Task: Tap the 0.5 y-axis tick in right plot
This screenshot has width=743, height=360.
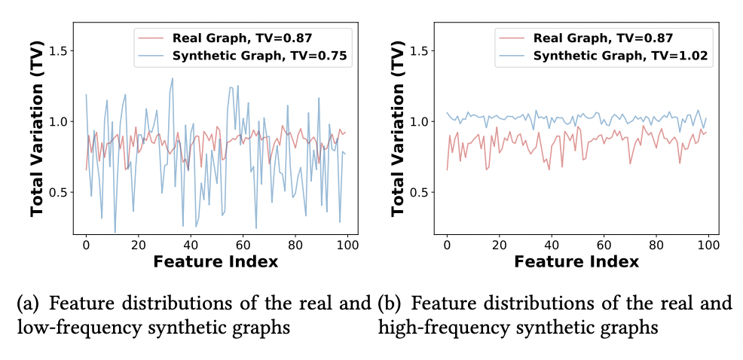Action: pos(422,192)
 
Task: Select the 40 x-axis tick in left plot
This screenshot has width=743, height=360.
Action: pos(191,245)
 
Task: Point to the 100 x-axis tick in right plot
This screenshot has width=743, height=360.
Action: pos(708,245)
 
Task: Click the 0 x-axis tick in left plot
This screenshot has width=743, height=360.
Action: pos(86,245)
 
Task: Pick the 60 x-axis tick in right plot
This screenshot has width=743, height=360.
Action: pos(604,245)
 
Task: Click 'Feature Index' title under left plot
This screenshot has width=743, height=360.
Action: pos(215,261)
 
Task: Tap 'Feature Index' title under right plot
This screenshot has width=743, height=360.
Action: pos(576,261)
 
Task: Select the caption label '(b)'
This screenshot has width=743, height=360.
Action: pos(392,304)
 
